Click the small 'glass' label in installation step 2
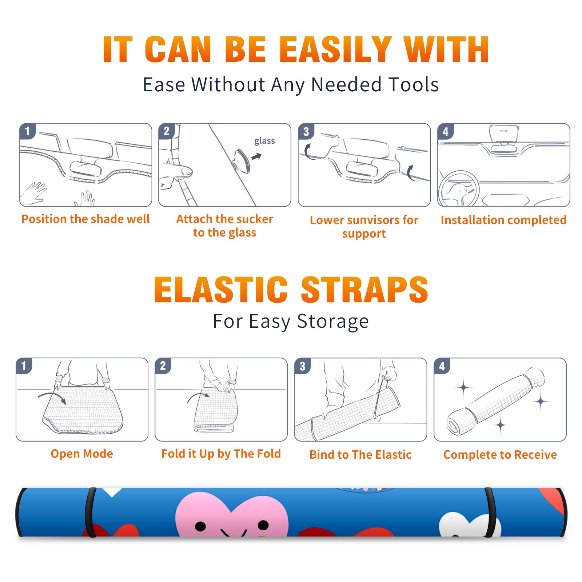pos(264,141)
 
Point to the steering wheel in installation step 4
pos(459,189)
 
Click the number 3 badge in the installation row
pos(306,132)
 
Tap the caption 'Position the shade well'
pos(85,219)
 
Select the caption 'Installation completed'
pos(503,220)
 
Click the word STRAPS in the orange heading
pos(364,290)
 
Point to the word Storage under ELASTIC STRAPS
pos(333,322)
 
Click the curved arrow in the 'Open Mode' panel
pos(52,396)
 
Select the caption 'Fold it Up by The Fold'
pos(221,454)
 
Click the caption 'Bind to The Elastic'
pos(360,455)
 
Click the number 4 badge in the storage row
pos(442,366)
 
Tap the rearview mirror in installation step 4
pos(503,134)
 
